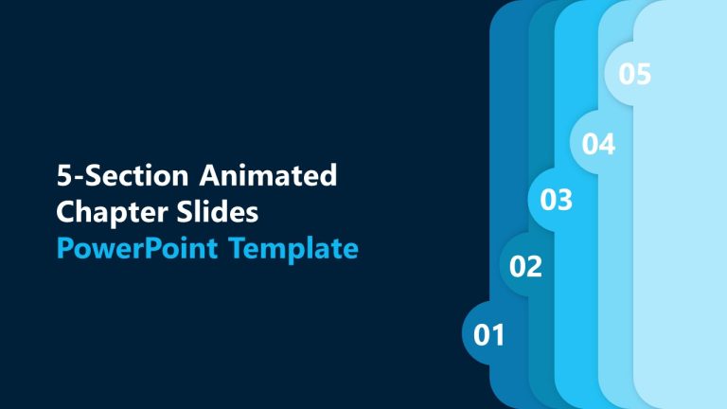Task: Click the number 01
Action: click(489, 334)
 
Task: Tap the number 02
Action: click(525, 267)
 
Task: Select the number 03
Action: click(556, 201)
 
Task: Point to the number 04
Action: click(598, 145)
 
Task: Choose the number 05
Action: click(635, 74)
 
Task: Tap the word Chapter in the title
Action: click(98, 212)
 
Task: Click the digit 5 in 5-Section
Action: click(63, 175)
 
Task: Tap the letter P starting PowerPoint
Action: click(64, 249)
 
